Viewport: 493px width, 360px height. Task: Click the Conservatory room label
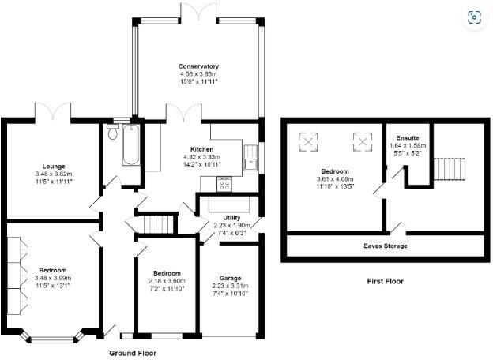(198, 66)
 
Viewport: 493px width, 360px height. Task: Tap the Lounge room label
(53, 166)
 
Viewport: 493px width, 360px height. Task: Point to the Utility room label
(231, 217)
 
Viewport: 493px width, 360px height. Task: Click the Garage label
(230, 278)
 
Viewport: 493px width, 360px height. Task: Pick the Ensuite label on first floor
(408, 137)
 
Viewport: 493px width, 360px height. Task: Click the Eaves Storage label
(386, 246)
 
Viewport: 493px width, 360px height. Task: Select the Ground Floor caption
(132, 353)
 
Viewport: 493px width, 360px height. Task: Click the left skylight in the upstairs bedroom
(307, 143)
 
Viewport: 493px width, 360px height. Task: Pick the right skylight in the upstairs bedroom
(362, 143)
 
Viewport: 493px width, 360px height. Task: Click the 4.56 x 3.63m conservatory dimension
(198, 73)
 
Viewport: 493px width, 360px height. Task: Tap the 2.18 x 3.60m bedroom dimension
(167, 280)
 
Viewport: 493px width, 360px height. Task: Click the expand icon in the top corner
(474, 17)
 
